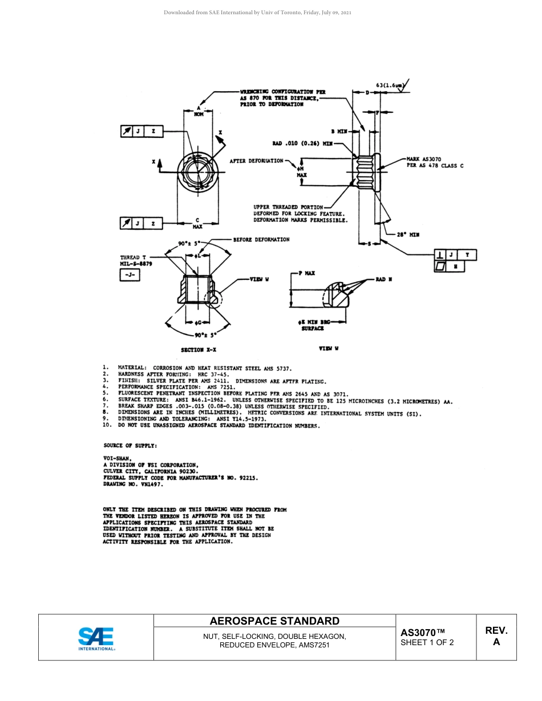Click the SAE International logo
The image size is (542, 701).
coord(96,638)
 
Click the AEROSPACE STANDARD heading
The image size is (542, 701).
coord(274,621)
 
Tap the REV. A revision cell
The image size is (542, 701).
coord(496,637)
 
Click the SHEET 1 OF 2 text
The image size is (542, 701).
coord(427,643)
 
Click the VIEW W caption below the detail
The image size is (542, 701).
coord(329,349)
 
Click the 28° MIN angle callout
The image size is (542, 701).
coord(408,234)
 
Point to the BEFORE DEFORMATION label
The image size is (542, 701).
coord(261,239)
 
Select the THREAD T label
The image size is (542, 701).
coord(133,258)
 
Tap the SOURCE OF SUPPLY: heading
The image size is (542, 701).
coord(131,445)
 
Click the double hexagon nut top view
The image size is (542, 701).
coord(197,169)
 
